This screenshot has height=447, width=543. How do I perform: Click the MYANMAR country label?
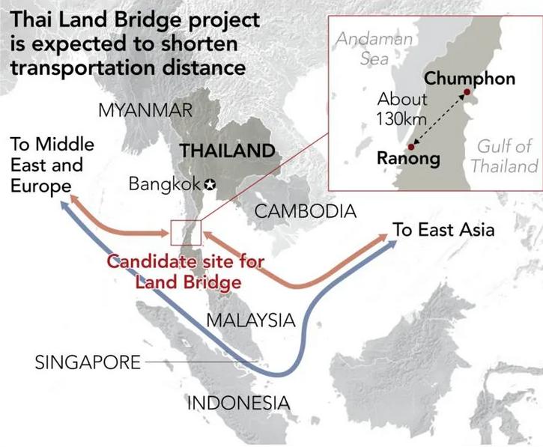coord(145,111)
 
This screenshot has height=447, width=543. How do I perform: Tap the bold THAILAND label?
coord(227,150)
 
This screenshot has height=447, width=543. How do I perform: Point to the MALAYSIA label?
coord(250,320)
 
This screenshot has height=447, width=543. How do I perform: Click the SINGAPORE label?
coord(88,363)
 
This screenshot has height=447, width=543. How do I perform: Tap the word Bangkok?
coord(166,183)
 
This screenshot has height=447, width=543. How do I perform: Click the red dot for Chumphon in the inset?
coord(466,93)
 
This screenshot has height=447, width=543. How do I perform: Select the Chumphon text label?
coord(470,79)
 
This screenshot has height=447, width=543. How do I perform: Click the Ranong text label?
coord(408,159)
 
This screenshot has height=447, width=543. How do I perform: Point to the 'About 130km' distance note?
coord(401,107)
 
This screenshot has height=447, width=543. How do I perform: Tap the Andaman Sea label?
coord(363,47)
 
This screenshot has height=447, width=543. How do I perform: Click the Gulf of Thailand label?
coord(504,155)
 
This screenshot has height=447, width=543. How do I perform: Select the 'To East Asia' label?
coord(444,230)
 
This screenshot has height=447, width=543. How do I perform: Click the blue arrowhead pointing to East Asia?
coord(390,247)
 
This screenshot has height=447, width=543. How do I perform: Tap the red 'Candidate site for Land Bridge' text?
coord(183,272)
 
